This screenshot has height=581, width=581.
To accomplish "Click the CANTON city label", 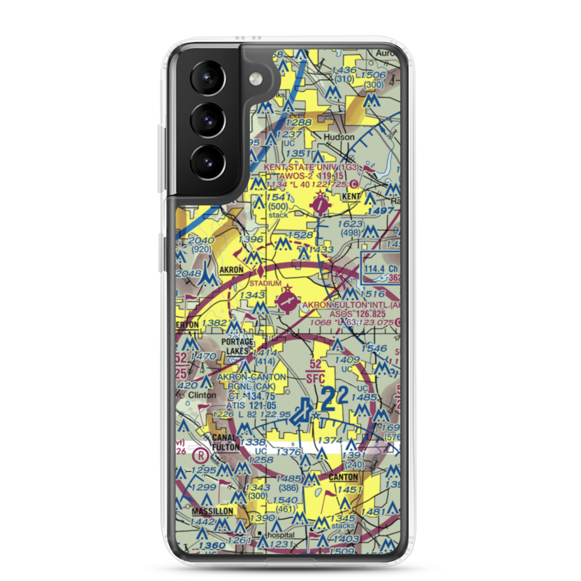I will (342, 477).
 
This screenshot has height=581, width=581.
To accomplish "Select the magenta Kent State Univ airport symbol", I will (320, 204).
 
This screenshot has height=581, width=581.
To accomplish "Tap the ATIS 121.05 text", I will (240, 405).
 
